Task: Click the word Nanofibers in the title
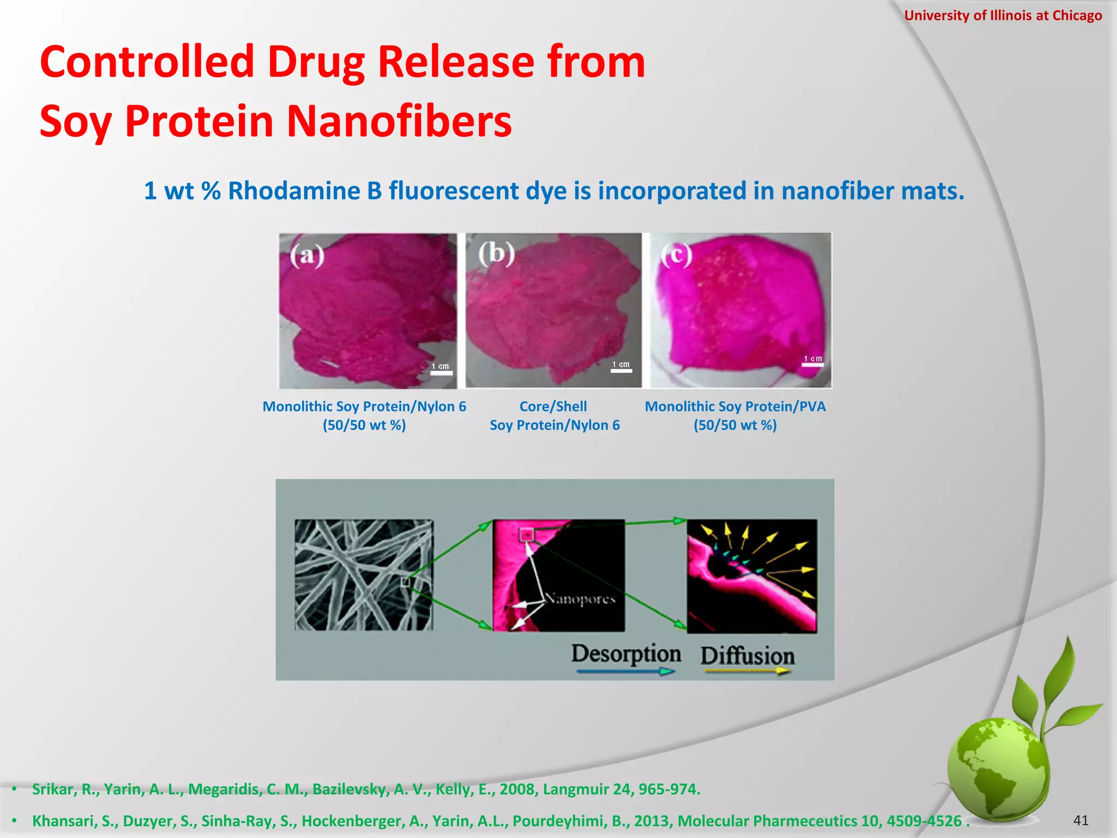pyautogui.click(x=399, y=121)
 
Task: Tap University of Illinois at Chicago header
pyautogui.click(x=1002, y=15)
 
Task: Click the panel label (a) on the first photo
pyautogui.click(x=307, y=255)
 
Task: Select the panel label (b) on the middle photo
pyautogui.click(x=496, y=253)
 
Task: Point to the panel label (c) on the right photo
pyautogui.click(x=676, y=254)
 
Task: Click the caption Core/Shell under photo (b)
pyautogui.click(x=553, y=406)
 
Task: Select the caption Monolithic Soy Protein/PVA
pyautogui.click(x=735, y=406)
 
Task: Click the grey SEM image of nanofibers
pyautogui.click(x=364, y=575)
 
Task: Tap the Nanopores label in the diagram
pyautogui.click(x=581, y=599)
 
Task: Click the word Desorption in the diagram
pyautogui.click(x=626, y=654)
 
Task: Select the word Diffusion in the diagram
pyautogui.click(x=747, y=656)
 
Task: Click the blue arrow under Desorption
pyautogui.click(x=626, y=672)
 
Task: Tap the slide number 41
pyautogui.click(x=1080, y=820)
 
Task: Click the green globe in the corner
pyautogui.click(x=998, y=770)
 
